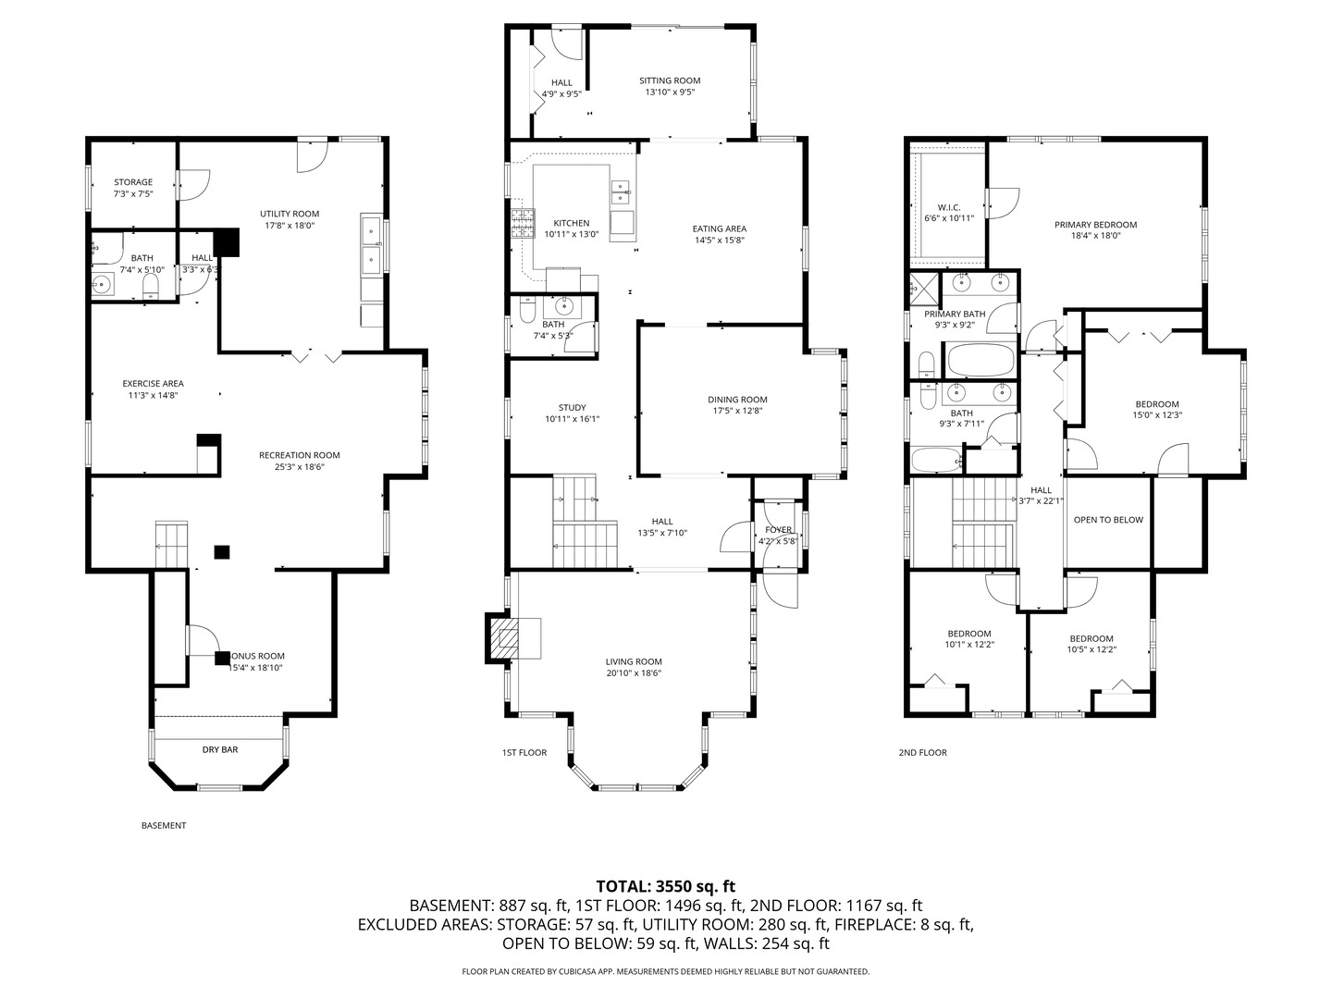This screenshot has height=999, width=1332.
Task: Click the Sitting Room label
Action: click(x=670, y=80)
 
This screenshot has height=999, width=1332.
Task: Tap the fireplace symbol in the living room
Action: click(x=504, y=637)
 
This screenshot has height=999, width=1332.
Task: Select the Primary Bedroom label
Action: click(x=1095, y=225)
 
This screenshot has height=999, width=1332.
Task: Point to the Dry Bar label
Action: click(x=220, y=749)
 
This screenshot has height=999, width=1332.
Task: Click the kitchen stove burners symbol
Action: click(x=522, y=223)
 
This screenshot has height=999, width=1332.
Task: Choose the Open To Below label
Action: click(x=1108, y=520)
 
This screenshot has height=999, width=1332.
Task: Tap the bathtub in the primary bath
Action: click(x=980, y=360)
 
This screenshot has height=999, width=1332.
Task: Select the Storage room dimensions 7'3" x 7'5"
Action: click(x=133, y=194)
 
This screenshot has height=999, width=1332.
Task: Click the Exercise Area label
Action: click(x=154, y=384)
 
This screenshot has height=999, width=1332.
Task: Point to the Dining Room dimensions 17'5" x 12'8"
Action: click(x=737, y=412)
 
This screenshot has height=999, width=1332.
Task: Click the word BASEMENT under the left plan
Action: click(x=164, y=825)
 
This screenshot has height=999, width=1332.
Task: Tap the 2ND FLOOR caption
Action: click(x=922, y=753)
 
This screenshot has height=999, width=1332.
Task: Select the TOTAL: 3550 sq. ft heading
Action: click(x=665, y=886)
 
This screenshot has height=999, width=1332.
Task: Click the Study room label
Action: click(x=572, y=408)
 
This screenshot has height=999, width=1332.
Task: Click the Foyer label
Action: click(x=778, y=530)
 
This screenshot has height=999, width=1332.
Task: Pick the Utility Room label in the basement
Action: click(x=290, y=214)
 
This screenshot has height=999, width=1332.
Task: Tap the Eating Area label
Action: click(x=719, y=228)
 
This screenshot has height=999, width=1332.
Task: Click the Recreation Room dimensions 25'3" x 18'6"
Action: click(x=299, y=467)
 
